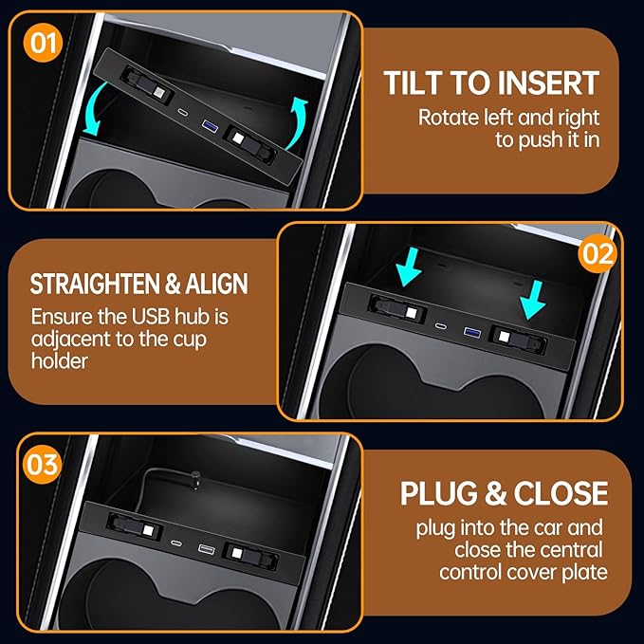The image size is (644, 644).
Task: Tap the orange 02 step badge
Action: coord(598,254)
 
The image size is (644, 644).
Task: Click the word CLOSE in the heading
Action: coord(560,494)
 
